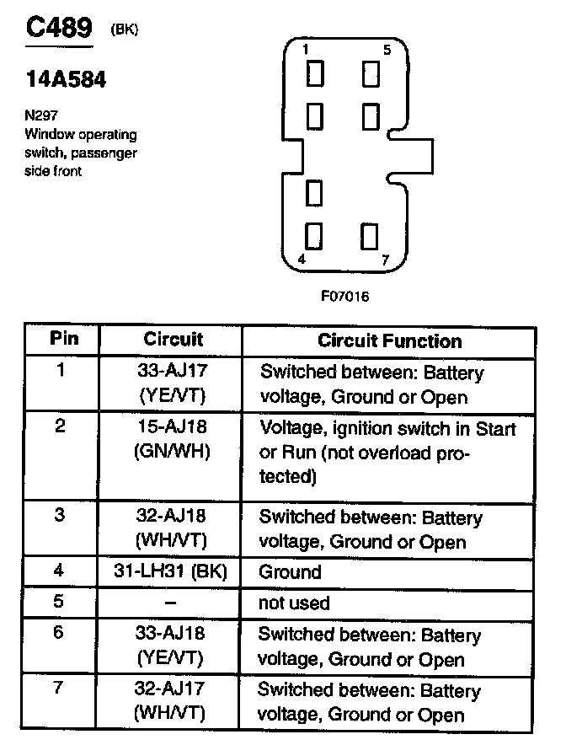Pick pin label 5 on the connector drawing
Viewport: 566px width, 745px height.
click(x=387, y=50)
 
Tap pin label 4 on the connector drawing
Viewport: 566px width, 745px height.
click(x=302, y=260)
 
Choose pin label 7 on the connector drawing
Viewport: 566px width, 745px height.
click(x=385, y=260)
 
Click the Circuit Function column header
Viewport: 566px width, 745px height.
click(x=389, y=340)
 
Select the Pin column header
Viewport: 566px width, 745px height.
click(x=64, y=339)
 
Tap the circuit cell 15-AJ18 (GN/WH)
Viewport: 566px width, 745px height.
click(x=171, y=440)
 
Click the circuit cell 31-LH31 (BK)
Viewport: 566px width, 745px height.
click(x=171, y=571)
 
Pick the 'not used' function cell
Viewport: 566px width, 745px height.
click(x=294, y=603)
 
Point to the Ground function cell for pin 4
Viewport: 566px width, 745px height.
click(x=290, y=572)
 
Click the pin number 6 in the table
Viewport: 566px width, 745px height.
click(x=60, y=632)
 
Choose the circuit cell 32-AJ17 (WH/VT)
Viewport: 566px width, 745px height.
click(x=171, y=702)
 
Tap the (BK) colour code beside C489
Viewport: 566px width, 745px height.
click(x=124, y=30)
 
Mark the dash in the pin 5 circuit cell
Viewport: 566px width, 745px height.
click(x=170, y=603)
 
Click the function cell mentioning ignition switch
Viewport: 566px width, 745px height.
click(x=387, y=453)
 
